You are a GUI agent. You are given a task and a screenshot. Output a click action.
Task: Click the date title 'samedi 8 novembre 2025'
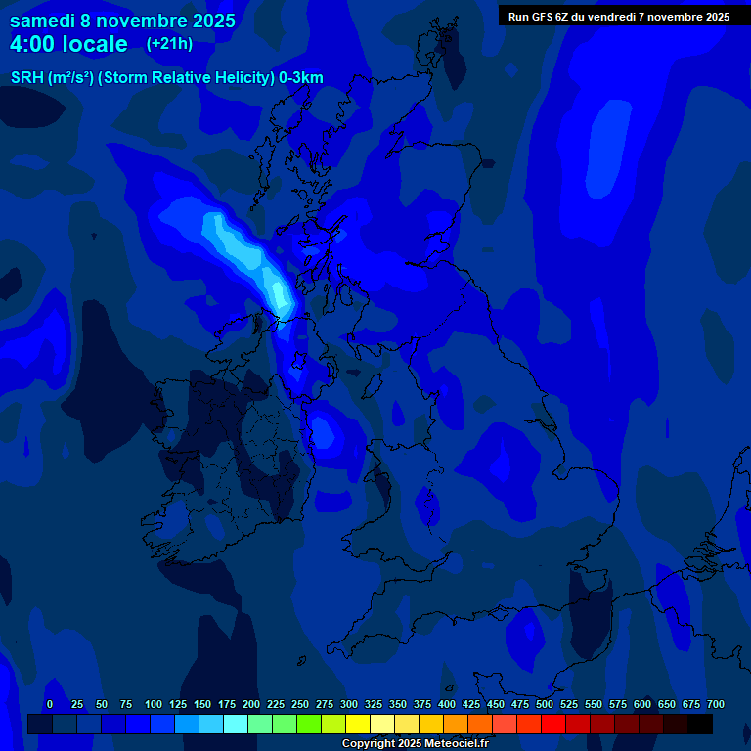tap(122, 21)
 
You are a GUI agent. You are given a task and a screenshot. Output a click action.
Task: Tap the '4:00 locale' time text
tap(68, 44)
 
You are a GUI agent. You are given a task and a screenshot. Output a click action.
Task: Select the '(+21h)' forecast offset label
tap(169, 44)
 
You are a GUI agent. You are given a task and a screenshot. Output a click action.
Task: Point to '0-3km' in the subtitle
tap(301, 78)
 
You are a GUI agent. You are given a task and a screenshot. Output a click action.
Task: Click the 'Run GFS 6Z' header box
tap(618, 16)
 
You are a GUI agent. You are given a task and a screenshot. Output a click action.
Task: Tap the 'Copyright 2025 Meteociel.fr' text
tap(415, 743)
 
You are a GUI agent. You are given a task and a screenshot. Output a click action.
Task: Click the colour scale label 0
tap(50, 704)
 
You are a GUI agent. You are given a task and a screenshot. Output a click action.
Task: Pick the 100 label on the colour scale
tap(154, 704)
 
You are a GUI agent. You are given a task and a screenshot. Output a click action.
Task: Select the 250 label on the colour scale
tap(300, 704)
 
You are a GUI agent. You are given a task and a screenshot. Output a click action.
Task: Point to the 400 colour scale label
tap(447, 704)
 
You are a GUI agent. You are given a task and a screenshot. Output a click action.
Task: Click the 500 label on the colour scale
tap(545, 704)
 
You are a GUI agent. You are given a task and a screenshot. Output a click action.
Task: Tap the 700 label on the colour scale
tap(716, 704)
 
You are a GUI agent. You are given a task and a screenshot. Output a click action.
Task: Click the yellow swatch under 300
tap(358, 724)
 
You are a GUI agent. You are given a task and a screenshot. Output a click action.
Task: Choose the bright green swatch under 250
tap(309, 724)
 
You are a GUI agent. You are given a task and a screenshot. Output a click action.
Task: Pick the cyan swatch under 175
tap(236, 724)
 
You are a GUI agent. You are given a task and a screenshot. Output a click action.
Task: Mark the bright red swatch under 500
tap(553, 724)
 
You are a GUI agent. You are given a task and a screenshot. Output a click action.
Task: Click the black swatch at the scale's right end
tap(700, 724)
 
